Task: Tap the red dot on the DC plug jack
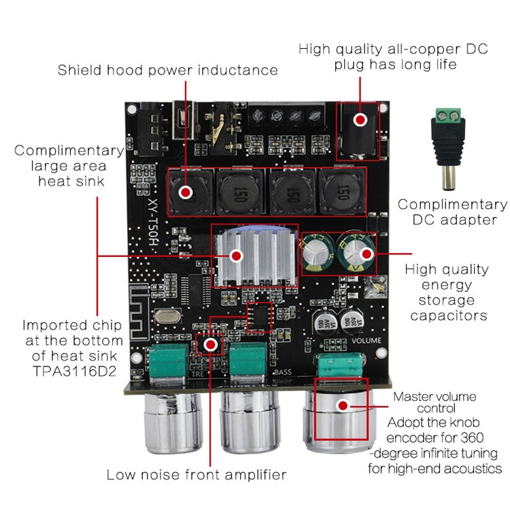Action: (360, 120)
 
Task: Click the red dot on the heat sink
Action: (237, 256)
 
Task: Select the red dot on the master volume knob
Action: (343, 406)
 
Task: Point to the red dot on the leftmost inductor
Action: (184, 192)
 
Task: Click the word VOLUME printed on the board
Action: (367, 340)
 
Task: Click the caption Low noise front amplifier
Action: (197, 475)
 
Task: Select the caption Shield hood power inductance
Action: (167, 70)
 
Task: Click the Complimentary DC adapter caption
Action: (452, 212)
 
